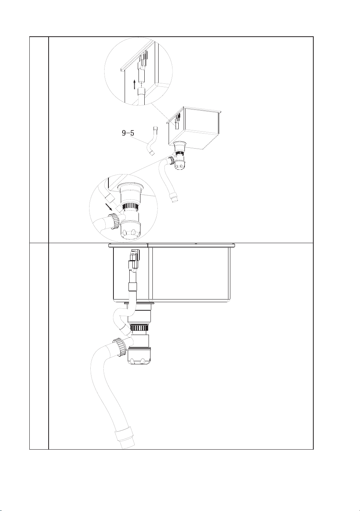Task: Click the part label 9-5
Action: (x=128, y=133)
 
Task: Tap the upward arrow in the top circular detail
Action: (x=135, y=85)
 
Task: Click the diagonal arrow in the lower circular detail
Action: (x=109, y=206)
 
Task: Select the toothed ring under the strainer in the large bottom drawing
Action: (x=139, y=329)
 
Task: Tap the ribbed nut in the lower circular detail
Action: (x=114, y=221)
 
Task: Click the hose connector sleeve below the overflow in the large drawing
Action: (x=133, y=287)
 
